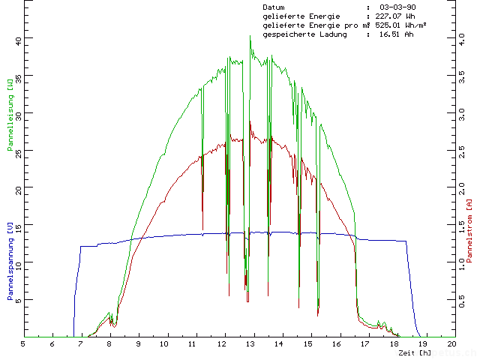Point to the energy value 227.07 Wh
coord(395,16)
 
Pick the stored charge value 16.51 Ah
coord(396,34)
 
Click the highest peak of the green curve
coord(250,36)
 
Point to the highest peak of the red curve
coord(250,122)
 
